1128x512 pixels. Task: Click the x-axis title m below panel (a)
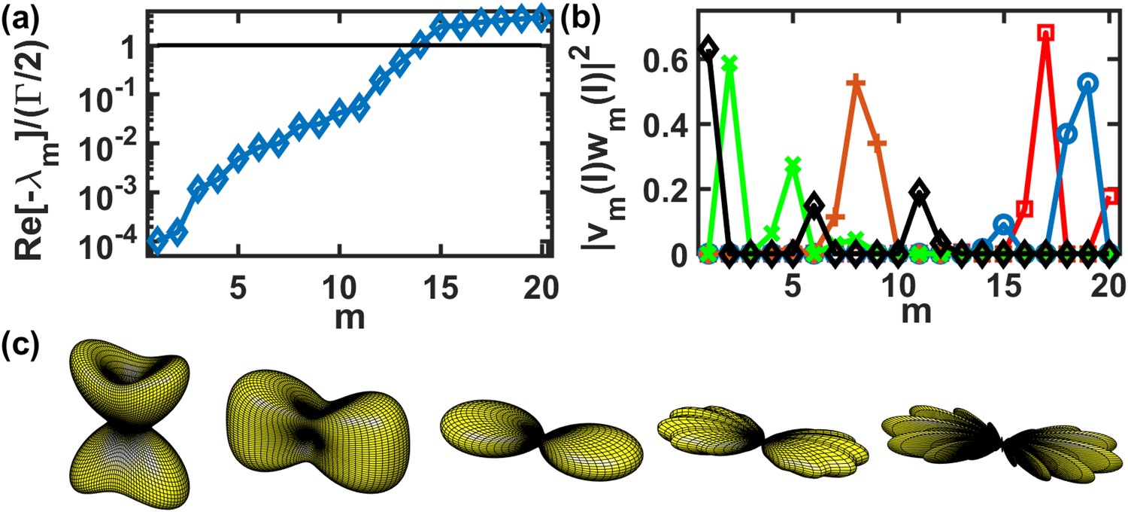pyautogui.click(x=350, y=315)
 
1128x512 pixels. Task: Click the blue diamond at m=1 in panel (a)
pyautogui.click(x=157, y=239)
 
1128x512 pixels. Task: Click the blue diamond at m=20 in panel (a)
pyautogui.click(x=541, y=17)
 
